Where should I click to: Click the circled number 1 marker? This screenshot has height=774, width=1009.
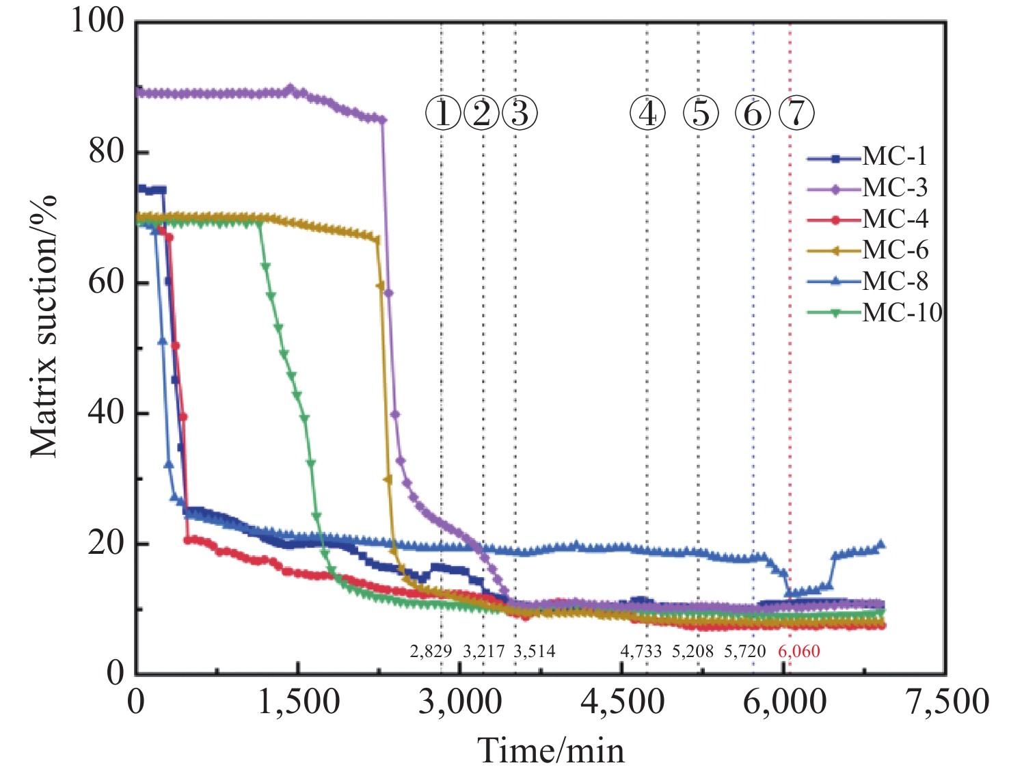[x=443, y=113]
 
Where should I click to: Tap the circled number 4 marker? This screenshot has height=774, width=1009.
[x=647, y=113]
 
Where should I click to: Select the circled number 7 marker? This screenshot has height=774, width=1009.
[x=796, y=113]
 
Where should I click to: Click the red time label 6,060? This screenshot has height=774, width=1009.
[x=798, y=652]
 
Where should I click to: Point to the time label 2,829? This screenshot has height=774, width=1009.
[x=431, y=652]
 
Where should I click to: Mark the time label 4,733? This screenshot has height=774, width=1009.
[x=641, y=652]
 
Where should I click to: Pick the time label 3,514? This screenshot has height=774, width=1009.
[x=535, y=652]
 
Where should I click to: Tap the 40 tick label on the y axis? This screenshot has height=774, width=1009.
[x=107, y=412]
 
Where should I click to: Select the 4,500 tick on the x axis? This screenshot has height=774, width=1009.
[x=622, y=702]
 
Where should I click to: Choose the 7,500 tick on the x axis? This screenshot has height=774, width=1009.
[x=947, y=702]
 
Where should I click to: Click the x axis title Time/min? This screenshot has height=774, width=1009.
[x=551, y=751]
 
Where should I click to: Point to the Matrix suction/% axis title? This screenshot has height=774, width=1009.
[x=44, y=327]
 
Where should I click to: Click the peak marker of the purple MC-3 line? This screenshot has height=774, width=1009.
[x=290, y=88]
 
